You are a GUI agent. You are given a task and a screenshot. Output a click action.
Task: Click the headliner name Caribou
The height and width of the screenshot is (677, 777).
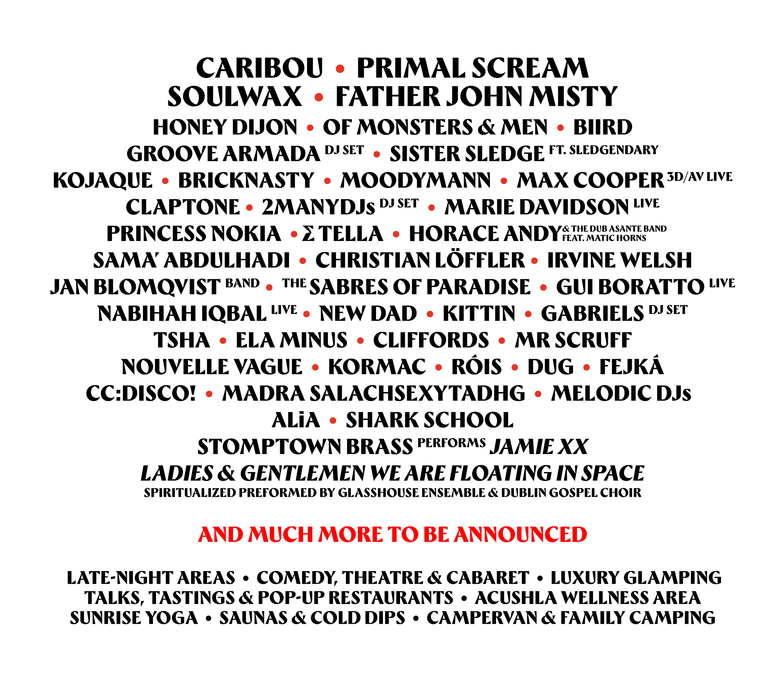[x=260, y=68]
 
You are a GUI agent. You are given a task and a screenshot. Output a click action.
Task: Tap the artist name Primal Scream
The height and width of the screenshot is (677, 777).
[x=473, y=68]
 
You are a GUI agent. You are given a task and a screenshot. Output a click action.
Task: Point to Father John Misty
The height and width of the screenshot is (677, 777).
[x=476, y=96]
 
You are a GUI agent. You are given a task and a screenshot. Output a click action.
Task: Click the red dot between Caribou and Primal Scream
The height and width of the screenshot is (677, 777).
[x=340, y=69]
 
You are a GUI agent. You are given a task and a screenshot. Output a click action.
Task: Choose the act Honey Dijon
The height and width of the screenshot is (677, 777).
[x=225, y=127]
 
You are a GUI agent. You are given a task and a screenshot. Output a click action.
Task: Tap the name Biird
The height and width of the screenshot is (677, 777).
[x=602, y=127]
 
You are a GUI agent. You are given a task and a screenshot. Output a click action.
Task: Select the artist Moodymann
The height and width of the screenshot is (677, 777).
[x=415, y=180]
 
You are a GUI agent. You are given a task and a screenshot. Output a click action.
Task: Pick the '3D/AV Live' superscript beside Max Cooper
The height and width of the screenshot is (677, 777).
[x=700, y=176]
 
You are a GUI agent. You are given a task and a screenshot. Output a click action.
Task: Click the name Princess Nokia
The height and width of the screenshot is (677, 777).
[x=194, y=234]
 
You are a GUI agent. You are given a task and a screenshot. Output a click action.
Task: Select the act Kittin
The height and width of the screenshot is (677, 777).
[x=479, y=314]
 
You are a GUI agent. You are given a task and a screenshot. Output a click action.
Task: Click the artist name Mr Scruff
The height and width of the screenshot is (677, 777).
[x=572, y=340]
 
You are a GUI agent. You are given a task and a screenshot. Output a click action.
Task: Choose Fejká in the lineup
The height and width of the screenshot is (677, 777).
[x=632, y=366]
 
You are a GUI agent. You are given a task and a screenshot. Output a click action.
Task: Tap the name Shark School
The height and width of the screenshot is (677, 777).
[x=430, y=420]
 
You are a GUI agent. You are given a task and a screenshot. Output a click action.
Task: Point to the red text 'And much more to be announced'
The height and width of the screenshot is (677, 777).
[x=393, y=534]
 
